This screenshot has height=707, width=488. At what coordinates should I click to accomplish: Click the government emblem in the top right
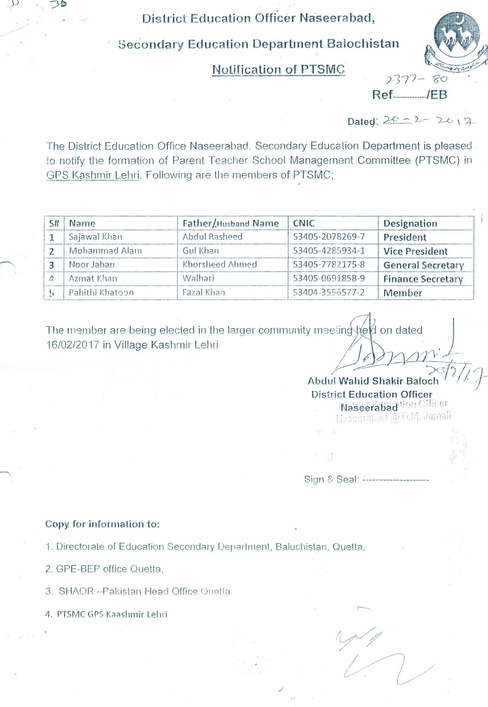pos(457,40)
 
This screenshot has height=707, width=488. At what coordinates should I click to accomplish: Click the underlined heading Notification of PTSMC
pos(278,69)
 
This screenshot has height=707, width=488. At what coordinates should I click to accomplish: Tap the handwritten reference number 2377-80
pos(416,79)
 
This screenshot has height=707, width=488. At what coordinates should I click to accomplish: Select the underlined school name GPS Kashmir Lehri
pos(93,175)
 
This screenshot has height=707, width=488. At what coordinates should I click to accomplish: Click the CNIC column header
pos(303,223)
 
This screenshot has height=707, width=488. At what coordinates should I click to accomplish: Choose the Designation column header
pos(410,223)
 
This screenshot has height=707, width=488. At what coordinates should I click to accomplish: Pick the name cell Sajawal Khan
pos(95,237)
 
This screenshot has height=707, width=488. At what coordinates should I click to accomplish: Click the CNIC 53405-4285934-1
pos(328,251)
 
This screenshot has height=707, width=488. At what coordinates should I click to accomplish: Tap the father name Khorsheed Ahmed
pos(219,264)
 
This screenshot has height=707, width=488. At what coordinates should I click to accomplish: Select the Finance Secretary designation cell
pos(423,279)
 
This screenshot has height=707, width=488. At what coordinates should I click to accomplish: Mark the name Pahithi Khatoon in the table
pos(101,293)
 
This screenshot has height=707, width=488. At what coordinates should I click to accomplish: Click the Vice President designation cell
pos(415,251)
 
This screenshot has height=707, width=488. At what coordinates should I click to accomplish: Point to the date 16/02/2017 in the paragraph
pos(72,345)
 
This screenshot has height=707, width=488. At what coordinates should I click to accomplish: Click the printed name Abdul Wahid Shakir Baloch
pos(373,381)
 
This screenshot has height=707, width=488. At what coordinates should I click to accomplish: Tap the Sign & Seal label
pos(331,479)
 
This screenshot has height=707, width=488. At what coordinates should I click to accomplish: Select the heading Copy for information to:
pos(102,524)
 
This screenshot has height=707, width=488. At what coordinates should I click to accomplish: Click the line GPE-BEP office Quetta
pos(104,569)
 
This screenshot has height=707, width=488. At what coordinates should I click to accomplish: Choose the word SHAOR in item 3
pos(76,591)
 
